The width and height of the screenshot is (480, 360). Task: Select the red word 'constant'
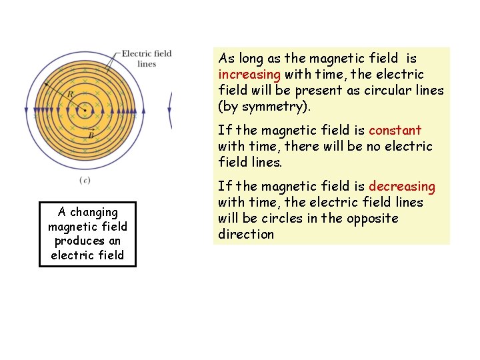click(395, 130)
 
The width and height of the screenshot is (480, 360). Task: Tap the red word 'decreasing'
click(401, 186)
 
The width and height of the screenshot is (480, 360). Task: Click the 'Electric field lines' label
click(146, 59)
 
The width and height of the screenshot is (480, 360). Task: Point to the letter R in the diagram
click(70, 95)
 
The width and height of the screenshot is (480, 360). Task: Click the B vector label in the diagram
click(91, 135)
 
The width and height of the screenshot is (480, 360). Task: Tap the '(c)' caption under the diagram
click(85, 180)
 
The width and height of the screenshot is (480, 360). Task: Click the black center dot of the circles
click(85, 110)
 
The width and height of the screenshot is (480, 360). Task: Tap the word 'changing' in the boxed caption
click(94, 212)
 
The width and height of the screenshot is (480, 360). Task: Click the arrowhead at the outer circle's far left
click(25, 111)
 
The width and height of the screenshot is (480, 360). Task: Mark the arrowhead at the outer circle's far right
click(144, 111)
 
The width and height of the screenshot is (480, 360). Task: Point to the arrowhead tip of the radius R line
click(45, 83)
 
